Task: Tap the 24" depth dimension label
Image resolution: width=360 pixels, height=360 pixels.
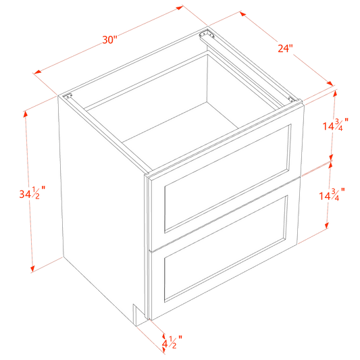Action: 286,48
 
